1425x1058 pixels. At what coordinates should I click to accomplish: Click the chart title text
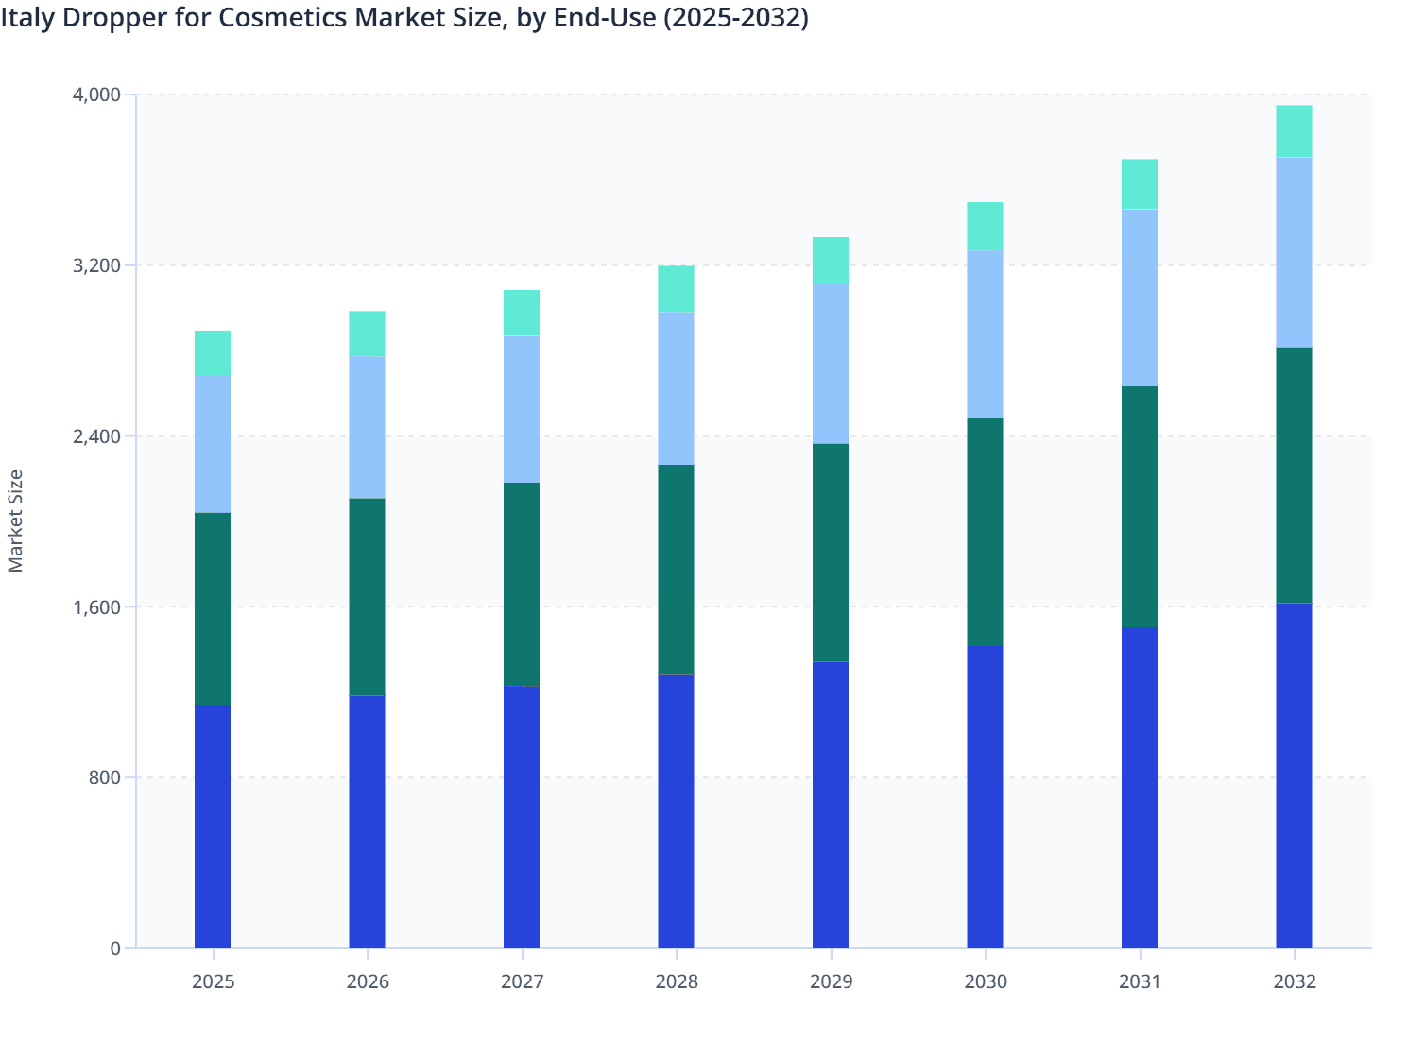click(404, 18)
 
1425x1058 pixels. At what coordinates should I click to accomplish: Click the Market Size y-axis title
click(16, 520)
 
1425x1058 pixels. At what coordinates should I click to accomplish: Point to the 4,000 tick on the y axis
click(96, 94)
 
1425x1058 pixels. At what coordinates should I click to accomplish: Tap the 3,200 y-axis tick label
click(96, 265)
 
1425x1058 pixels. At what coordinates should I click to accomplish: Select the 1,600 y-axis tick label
click(96, 607)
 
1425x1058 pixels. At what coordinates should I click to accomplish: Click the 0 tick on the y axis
click(115, 948)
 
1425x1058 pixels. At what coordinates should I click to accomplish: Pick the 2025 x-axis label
click(213, 981)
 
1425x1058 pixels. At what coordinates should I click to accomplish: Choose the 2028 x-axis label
click(677, 981)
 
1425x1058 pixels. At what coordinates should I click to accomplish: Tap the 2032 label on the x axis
click(1294, 981)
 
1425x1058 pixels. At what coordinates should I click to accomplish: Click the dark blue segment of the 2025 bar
click(213, 827)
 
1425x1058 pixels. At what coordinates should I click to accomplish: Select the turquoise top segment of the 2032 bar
click(1294, 131)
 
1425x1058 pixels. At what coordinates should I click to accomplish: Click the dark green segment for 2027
click(522, 584)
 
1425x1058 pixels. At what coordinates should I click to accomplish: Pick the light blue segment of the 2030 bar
click(985, 334)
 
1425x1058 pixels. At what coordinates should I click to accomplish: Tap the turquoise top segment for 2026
click(367, 333)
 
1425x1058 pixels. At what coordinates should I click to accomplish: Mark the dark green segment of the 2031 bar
click(1140, 506)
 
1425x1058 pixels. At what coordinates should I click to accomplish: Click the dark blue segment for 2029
click(831, 805)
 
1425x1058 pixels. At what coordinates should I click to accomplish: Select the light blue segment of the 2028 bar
click(676, 388)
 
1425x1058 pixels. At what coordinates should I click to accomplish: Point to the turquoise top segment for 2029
click(831, 261)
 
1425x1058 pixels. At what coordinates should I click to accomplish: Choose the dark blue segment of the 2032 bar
click(1294, 776)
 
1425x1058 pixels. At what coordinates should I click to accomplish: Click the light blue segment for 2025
click(213, 444)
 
